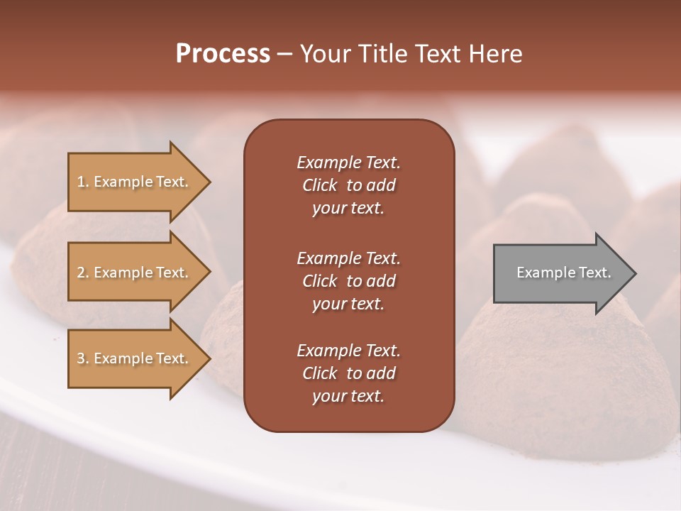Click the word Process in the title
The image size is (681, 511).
point(223,54)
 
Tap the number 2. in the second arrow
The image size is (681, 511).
point(83,273)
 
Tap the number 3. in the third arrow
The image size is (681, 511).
point(83,358)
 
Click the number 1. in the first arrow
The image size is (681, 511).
point(83,182)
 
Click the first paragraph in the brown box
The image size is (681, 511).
point(348,185)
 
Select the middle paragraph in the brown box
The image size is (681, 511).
point(348,281)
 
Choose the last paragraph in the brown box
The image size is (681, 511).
point(348,373)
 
